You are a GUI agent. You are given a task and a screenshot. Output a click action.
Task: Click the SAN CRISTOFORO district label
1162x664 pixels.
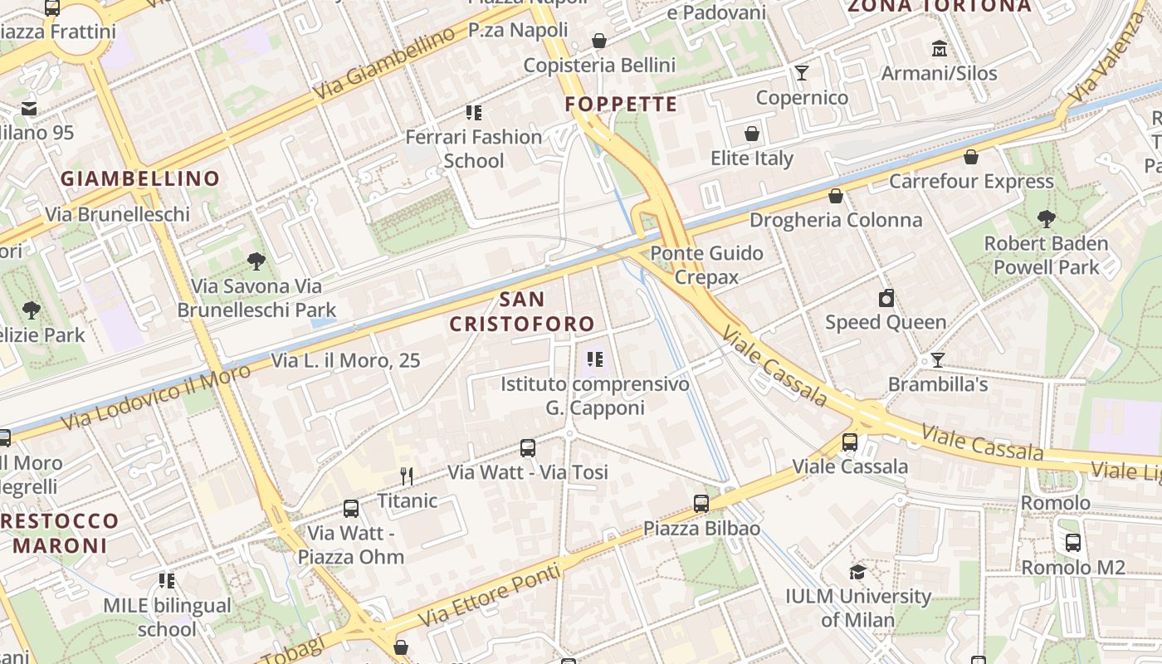(523, 311)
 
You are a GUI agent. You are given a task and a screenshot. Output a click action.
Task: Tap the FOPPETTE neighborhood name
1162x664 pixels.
(621, 105)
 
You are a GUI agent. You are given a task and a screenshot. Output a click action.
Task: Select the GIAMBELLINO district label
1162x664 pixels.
(140, 178)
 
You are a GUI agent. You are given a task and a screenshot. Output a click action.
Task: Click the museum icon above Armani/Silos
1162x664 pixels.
(940, 48)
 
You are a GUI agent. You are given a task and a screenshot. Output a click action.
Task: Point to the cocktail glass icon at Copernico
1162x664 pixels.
(802, 73)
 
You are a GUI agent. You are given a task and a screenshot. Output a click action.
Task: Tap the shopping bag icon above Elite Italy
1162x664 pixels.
(752, 134)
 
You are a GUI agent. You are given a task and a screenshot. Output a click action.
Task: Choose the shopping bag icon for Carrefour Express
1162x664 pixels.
(971, 157)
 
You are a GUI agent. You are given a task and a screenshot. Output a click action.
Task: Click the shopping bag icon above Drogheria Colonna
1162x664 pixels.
(836, 196)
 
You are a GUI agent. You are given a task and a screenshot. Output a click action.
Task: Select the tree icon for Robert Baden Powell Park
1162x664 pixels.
(1046, 219)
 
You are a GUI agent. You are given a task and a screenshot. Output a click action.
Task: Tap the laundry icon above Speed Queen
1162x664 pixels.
(886, 298)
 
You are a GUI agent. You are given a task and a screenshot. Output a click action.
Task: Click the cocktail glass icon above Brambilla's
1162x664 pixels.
(938, 360)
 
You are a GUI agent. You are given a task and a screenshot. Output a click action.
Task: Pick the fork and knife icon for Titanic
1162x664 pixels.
(407, 476)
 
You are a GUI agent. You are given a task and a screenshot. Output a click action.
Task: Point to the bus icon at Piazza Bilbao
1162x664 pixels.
(701, 503)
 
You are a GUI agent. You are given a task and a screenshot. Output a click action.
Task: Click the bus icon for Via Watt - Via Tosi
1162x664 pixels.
(528, 448)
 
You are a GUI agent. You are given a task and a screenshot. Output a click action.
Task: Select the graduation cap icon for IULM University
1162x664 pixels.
(857, 572)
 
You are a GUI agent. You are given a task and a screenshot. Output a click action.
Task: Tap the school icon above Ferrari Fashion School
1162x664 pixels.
(474, 113)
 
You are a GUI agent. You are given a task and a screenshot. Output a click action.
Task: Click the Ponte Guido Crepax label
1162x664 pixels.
(706, 265)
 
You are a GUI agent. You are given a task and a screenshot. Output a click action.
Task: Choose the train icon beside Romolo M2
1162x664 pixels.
(1073, 543)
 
